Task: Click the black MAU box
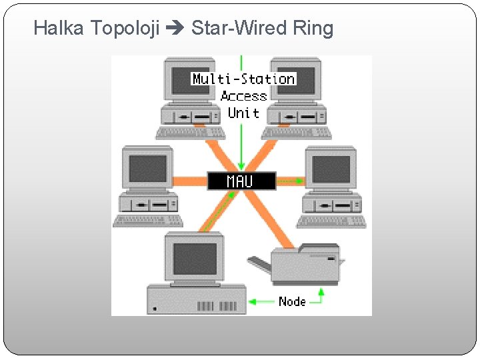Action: [x=241, y=181]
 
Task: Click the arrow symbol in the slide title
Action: [x=175, y=29]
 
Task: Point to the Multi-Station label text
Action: [x=243, y=79]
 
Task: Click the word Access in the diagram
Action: [x=243, y=96]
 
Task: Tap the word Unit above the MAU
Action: [x=243, y=113]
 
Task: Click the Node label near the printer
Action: [x=292, y=301]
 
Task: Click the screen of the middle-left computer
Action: [x=147, y=169]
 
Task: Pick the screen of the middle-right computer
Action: [x=331, y=169]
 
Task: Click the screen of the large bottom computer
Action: [x=195, y=259]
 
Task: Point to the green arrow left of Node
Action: [x=261, y=302]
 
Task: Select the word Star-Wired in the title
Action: [x=239, y=28]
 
